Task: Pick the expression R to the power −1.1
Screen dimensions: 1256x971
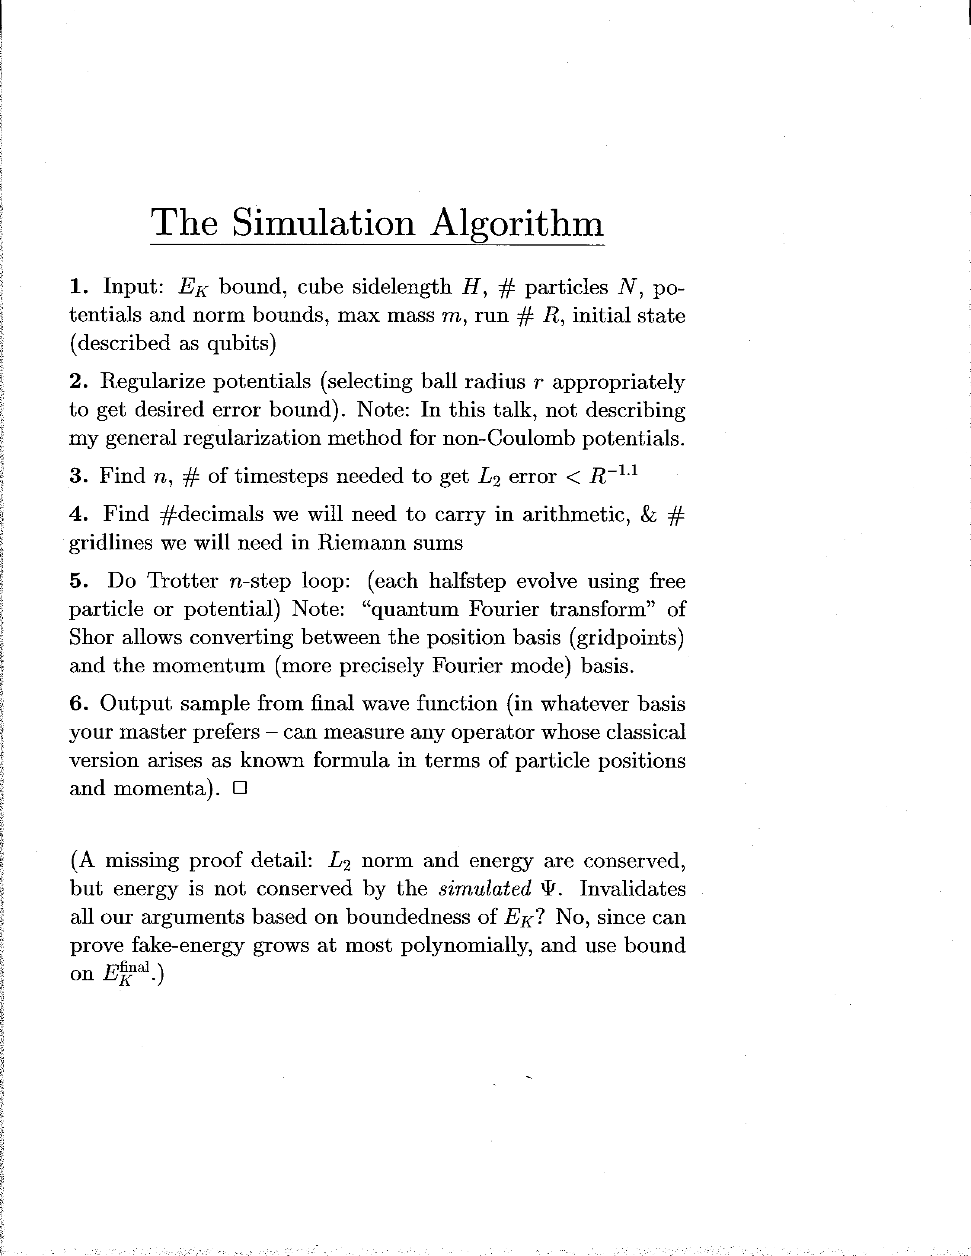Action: (x=614, y=476)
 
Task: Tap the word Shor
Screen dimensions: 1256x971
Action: (x=91, y=637)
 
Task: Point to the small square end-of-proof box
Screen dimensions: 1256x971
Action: (x=240, y=788)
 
